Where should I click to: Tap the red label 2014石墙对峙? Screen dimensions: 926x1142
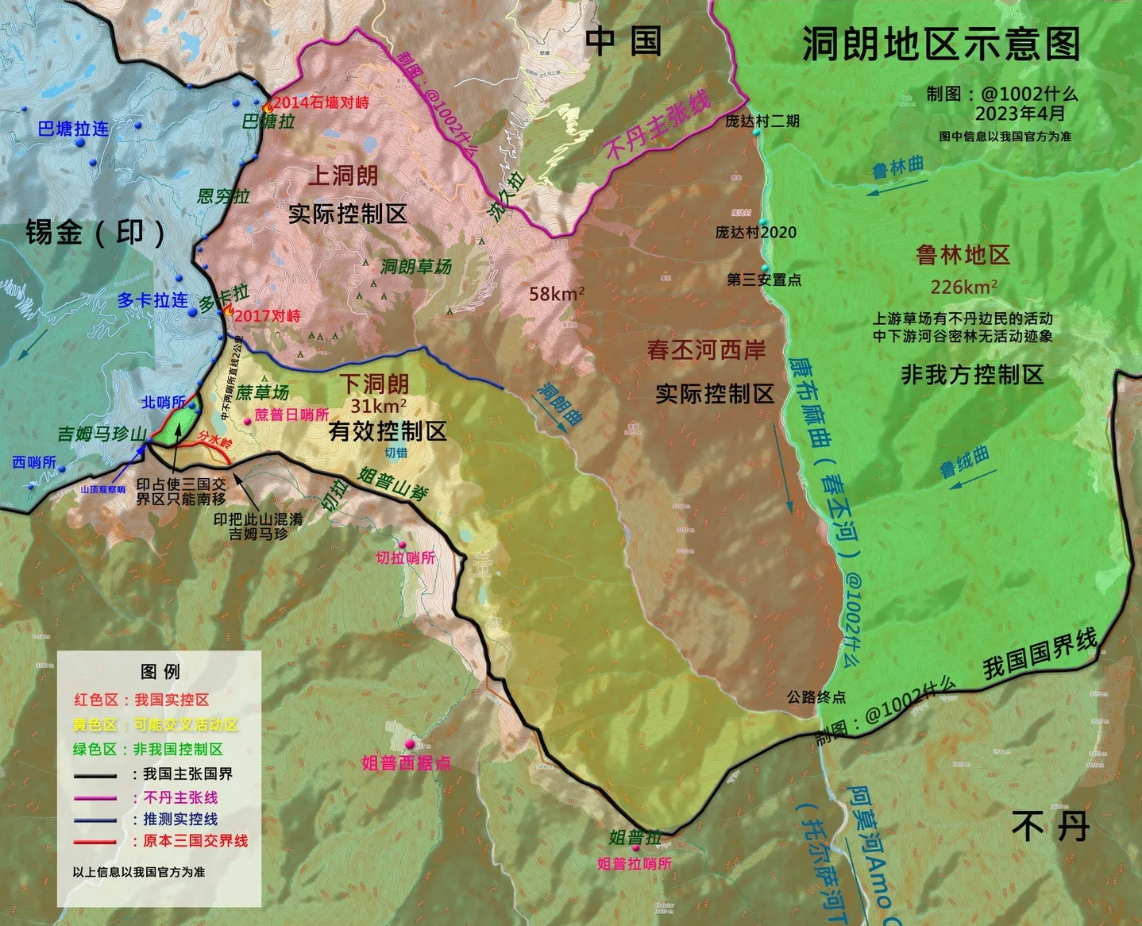[320, 102]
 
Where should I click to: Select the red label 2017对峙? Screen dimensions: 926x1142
[267, 316]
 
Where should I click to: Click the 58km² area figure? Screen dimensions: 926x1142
[557, 294]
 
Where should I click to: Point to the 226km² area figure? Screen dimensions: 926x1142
[963, 287]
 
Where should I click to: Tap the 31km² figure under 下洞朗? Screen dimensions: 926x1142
[379, 406]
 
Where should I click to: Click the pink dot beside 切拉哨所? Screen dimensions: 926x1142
[402, 545]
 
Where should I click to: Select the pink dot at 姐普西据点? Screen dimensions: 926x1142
[410, 744]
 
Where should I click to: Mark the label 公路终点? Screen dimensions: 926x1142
[816, 697]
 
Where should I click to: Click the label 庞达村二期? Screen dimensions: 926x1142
[762, 121]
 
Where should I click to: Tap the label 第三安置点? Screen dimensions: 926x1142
[763, 280]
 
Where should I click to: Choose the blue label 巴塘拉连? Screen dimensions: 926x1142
[73, 129]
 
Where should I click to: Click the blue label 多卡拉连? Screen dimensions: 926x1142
[152, 300]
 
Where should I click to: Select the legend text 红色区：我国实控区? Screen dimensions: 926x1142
[141, 700]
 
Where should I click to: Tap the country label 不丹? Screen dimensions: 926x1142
[1050, 827]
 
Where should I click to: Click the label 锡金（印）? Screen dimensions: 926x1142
[95, 233]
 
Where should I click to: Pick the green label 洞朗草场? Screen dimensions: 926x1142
[416, 267]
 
